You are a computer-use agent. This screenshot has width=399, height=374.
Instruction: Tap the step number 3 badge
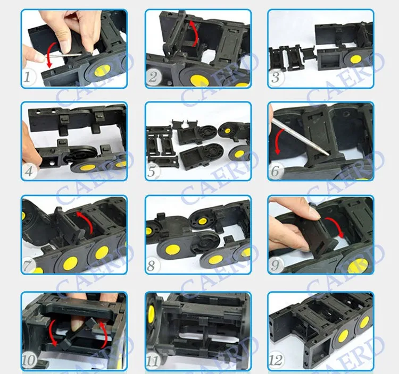click(x=276, y=78)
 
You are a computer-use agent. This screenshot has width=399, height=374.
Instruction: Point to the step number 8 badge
click(x=153, y=265)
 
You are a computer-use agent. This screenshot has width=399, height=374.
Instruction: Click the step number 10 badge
click(x=30, y=360)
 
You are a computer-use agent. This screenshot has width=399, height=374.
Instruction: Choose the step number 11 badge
click(x=153, y=360)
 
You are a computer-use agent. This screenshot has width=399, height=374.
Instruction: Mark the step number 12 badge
click(x=276, y=360)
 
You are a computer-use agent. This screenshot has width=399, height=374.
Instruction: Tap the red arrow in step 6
click(x=280, y=139)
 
